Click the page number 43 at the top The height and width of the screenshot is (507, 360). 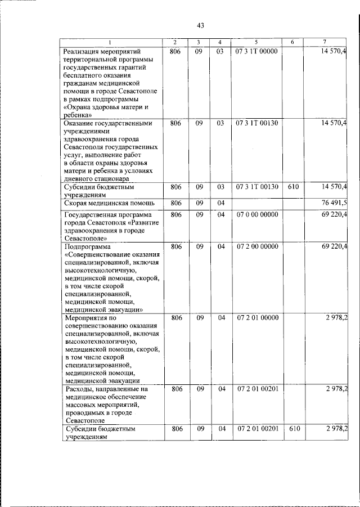pyautogui.click(x=200, y=25)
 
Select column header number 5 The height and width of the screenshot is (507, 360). pyautogui.click(x=256, y=43)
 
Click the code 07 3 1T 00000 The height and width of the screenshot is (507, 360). pyautogui.click(x=256, y=52)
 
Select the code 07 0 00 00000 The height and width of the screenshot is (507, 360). pyautogui.click(x=256, y=215)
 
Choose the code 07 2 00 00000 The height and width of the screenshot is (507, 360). pyautogui.click(x=256, y=246)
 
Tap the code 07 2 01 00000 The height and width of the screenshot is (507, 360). pyautogui.click(x=256, y=318)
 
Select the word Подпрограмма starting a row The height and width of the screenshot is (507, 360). pyautogui.click(x=88, y=246)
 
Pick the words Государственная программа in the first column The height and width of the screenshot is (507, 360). pyautogui.click(x=109, y=215)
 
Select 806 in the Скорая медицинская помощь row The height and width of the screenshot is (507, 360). pyautogui.click(x=176, y=203)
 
